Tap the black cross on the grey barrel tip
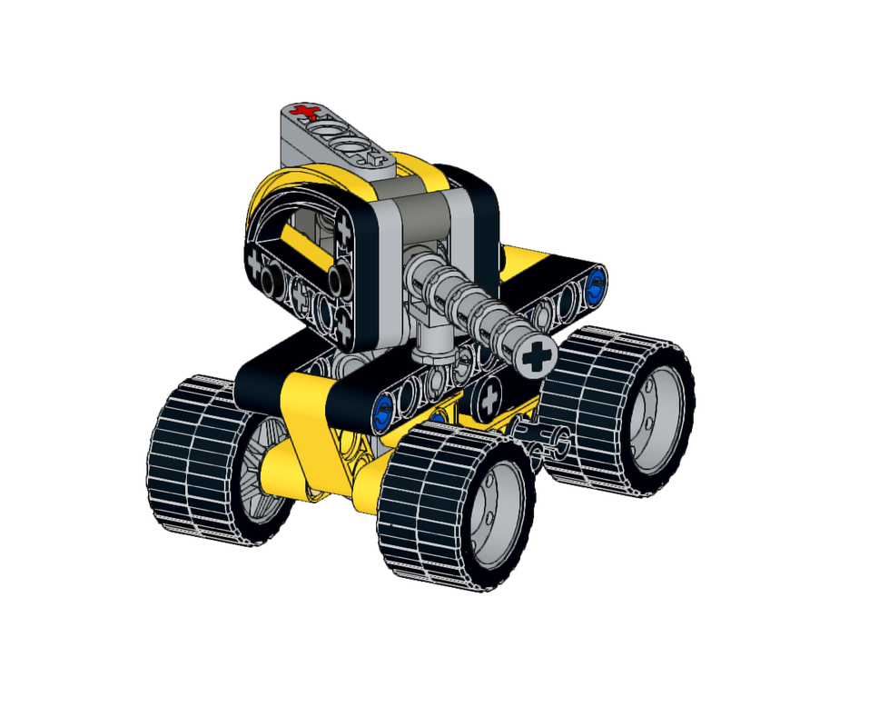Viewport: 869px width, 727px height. coord(537,356)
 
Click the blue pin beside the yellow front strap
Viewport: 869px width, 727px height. coord(383,412)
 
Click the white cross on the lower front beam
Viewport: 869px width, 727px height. coord(489,396)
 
